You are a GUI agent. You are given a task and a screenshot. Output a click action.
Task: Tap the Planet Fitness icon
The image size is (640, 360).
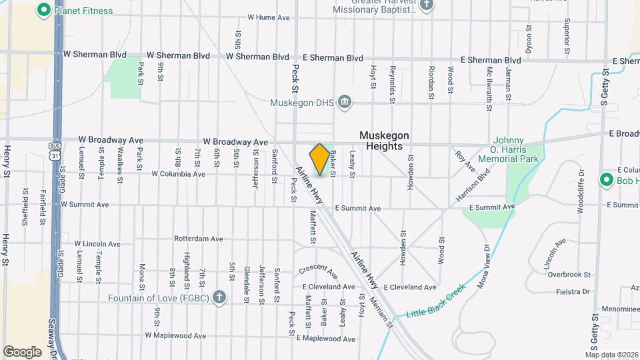tap(45, 10)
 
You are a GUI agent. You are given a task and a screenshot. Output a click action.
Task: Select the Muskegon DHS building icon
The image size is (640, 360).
tap(345, 102)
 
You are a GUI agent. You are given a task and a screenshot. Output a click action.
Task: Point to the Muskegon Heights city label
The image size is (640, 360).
tap(384, 141)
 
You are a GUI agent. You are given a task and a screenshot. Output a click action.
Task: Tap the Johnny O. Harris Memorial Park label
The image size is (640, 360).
tap(524, 150)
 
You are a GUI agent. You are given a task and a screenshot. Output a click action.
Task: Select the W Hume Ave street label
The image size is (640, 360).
tap(268, 17)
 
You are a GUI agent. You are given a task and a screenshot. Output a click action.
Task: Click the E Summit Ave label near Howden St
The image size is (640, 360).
tap(358, 209)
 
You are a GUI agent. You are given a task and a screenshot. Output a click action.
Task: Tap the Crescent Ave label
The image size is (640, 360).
tap(319, 271)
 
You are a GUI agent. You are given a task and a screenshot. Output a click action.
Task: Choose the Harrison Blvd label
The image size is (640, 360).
tap(473, 185)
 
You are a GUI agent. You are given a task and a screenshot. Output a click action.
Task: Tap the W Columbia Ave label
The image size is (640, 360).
tap(178, 174)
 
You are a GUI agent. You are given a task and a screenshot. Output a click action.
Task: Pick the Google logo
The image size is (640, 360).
tap(22, 351)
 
